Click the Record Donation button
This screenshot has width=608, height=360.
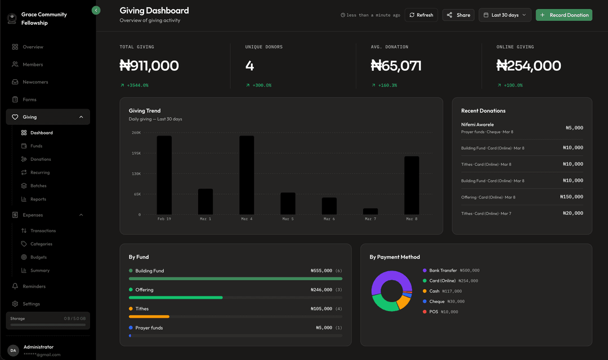564,15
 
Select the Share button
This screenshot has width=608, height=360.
458,15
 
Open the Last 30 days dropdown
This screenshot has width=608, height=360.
504,15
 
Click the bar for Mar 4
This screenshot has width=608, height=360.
247,175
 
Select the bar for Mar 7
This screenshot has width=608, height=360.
370,211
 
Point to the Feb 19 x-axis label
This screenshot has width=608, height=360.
164,219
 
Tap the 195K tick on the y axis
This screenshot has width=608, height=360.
136,153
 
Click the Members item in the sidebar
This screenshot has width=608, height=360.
33,65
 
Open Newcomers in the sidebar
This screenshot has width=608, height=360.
35,82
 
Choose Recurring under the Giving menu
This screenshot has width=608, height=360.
40,173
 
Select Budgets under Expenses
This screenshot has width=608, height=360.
39,257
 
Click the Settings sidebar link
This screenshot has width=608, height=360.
31,304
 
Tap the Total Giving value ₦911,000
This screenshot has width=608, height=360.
149,66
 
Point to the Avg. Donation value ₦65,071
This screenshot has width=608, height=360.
396,66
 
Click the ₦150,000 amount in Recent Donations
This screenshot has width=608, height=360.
571,197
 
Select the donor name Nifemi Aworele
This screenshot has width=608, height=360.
477,124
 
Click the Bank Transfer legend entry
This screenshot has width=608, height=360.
443,271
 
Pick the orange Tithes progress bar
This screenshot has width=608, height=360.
149,317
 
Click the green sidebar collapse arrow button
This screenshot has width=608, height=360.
96,10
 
